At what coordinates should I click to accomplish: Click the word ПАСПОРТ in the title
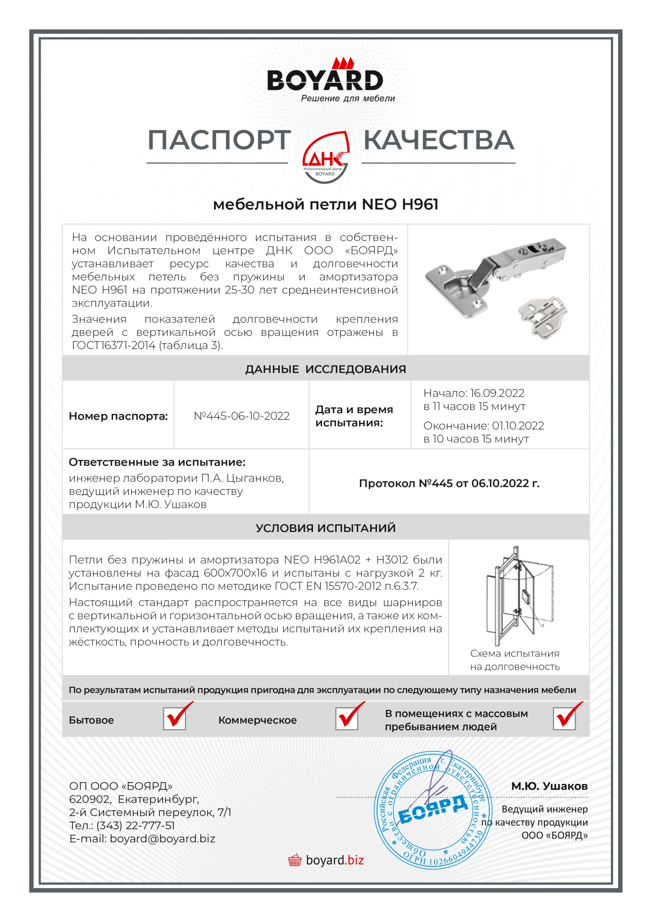219,140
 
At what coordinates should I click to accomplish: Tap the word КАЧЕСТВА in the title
439,140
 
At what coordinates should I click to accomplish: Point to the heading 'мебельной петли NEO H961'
325,205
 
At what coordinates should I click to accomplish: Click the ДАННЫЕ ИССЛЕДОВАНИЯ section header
325,369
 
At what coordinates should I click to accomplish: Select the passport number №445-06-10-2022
242,416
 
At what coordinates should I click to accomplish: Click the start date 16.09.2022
497,393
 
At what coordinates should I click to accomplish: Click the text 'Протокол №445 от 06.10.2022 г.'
449,483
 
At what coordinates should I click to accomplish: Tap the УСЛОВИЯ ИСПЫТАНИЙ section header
325,528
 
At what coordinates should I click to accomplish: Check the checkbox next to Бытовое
175,719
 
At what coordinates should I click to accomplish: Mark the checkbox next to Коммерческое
347,719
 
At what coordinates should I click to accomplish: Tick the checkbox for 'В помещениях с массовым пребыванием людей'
564,719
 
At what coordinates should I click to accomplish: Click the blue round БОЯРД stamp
433,810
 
